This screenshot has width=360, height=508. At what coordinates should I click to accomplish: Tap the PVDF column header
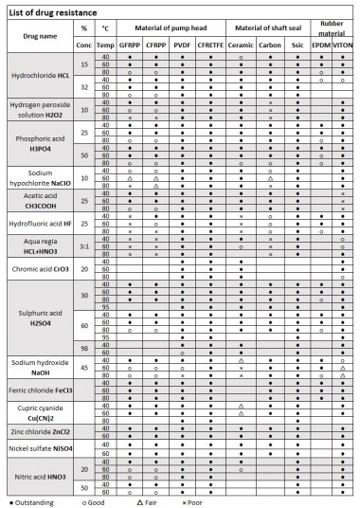pyautogui.click(x=183, y=45)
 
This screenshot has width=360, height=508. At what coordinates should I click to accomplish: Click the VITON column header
pyautogui.click(x=342, y=45)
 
